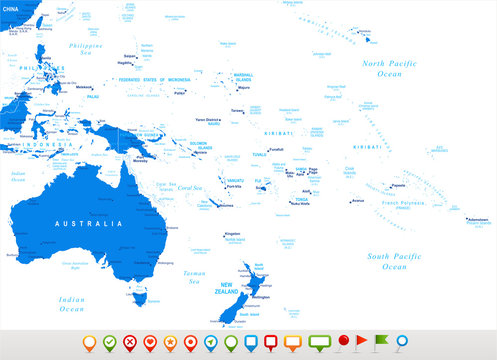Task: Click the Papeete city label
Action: [397, 185]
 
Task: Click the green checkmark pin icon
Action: [109, 343]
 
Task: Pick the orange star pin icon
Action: [170, 343]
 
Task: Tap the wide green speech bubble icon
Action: [320, 342]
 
